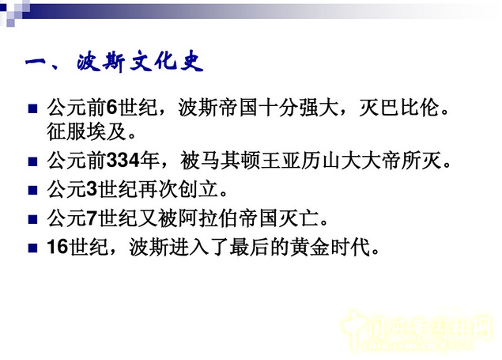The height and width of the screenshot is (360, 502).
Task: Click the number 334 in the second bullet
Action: [123, 161]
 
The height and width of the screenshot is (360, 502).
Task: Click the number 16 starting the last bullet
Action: [58, 247]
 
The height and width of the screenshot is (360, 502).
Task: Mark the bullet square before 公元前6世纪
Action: [32, 108]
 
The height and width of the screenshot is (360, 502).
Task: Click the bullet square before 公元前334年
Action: [32, 162]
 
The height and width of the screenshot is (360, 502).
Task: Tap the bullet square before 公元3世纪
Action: [32, 191]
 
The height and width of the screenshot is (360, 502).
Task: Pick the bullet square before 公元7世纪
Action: [32, 219]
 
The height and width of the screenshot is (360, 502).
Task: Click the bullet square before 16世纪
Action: [32, 248]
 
